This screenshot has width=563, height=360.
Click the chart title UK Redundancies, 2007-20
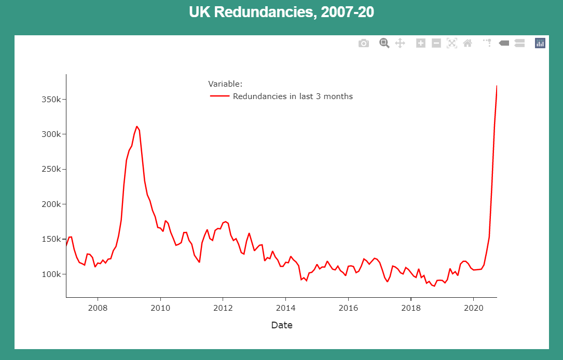click(x=281, y=12)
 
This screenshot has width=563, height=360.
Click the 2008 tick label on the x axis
click(x=98, y=308)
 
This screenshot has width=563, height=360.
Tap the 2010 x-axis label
click(x=160, y=308)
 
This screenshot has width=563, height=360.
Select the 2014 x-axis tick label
click(x=285, y=308)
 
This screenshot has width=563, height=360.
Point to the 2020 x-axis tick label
click(x=473, y=308)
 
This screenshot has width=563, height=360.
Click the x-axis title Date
click(x=282, y=325)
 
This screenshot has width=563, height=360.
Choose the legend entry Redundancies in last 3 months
click(x=293, y=96)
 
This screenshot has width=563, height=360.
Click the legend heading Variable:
click(x=225, y=84)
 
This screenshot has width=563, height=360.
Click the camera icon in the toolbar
click(x=364, y=43)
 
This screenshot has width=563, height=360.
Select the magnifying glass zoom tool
click(x=384, y=43)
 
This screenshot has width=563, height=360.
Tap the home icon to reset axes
click(x=468, y=43)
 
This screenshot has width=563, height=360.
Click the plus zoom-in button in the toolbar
click(x=421, y=43)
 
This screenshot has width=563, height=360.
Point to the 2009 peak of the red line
click(x=137, y=126)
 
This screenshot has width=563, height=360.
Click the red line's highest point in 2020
click(x=497, y=86)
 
